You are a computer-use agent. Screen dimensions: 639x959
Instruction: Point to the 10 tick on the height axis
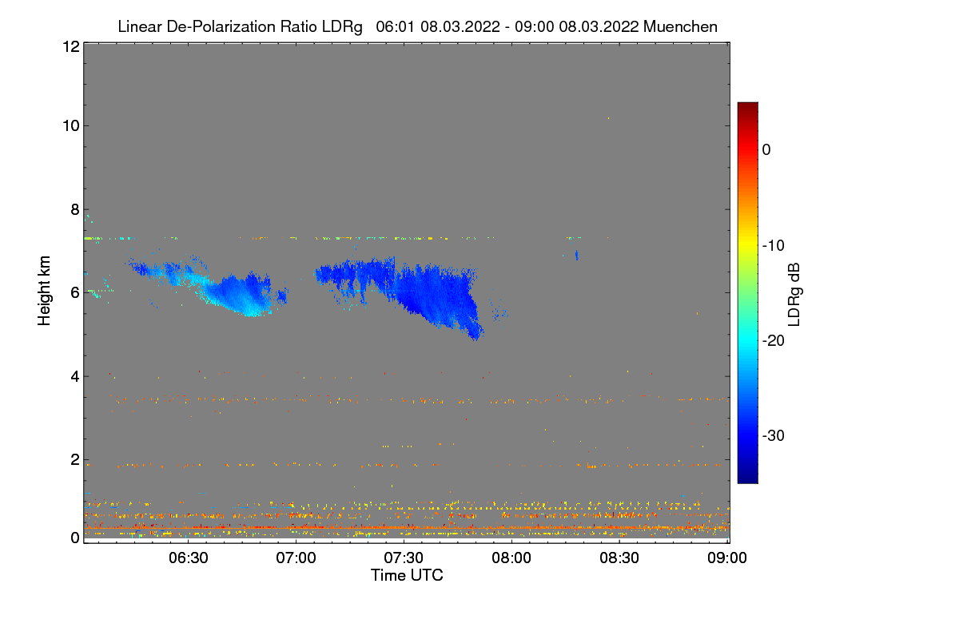click(x=70, y=125)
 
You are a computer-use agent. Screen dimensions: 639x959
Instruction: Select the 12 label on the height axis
click(x=70, y=46)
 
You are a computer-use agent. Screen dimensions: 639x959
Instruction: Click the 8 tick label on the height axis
click(x=74, y=209)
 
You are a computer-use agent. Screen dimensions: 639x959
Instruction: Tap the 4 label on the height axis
click(x=74, y=376)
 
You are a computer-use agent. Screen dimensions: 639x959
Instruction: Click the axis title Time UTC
click(x=407, y=575)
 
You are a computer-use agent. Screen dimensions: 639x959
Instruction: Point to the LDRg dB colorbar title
click(x=794, y=293)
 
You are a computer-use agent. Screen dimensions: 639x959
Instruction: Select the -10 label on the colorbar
click(x=774, y=245)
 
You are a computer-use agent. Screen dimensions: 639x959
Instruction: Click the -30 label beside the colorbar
click(x=774, y=436)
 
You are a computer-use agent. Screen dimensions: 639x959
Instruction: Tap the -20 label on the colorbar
click(x=774, y=341)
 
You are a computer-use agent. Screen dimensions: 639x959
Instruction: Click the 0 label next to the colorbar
click(x=766, y=150)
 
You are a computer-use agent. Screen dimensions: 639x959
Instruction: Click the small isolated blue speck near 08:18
click(x=577, y=256)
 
